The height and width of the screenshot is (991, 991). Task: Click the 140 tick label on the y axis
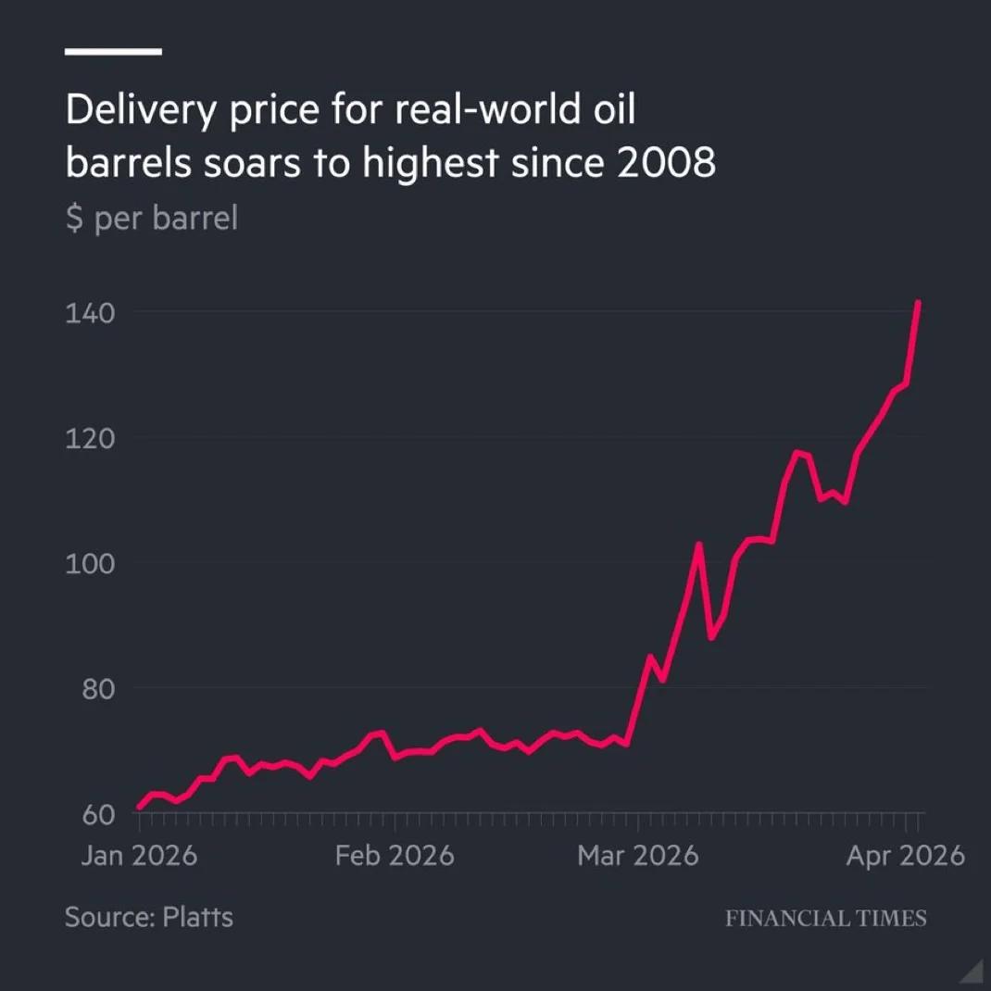click(90, 313)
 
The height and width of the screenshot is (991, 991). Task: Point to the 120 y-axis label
click(90, 438)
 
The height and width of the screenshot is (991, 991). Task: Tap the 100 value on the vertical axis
click(90, 563)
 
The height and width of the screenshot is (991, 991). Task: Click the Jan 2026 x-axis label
click(139, 855)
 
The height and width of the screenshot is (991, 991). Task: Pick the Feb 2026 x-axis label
click(395, 855)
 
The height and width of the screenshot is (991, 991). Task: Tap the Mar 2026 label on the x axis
click(637, 855)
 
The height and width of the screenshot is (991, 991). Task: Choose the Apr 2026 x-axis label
click(905, 855)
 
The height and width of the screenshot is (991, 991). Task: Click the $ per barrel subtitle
click(151, 219)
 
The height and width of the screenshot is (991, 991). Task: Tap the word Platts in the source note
click(197, 917)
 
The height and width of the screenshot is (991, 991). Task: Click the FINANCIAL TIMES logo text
click(825, 918)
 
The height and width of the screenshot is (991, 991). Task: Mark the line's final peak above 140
click(918, 302)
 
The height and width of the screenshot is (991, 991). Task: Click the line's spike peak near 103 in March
click(699, 545)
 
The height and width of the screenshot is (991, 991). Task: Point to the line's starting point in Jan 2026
click(139, 808)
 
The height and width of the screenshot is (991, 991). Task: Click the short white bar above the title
click(113, 52)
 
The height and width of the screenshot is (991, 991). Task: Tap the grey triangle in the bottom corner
click(972, 972)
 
